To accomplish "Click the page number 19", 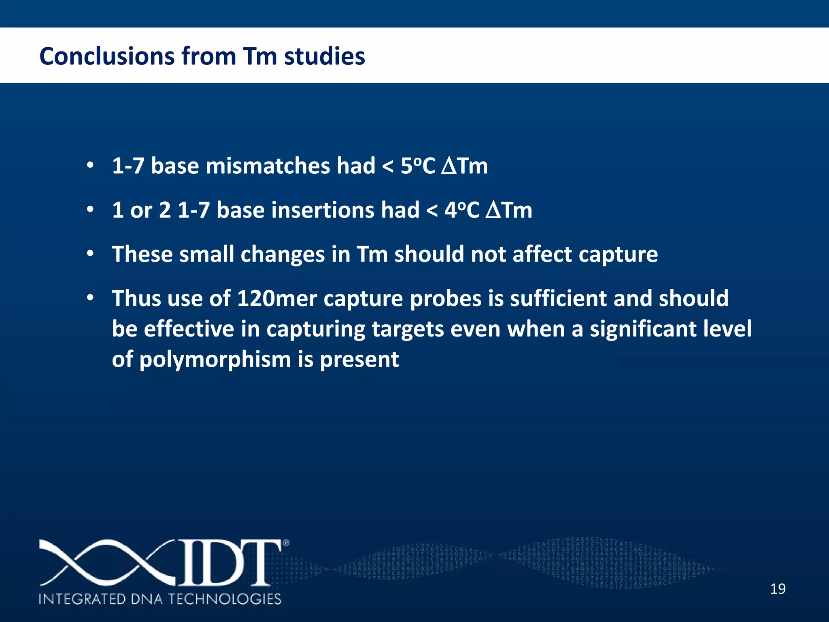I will pyautogui.click(x=778, y=589).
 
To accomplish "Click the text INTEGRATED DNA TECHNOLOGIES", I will pyautogui.click(x=160, y=599).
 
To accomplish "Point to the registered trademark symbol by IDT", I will pyautogui.click(x=286, y=543).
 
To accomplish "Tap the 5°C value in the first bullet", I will pyautogui.click(x=418, y=166).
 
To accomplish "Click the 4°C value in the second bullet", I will pyautogui.click(x=461, y=210).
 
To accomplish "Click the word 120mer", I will pyautogui.click(x=277, y=298).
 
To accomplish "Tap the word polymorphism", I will pyautogui.click(x=215, y=359).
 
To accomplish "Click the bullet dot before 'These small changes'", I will pyautogui.click(x=90, y=254).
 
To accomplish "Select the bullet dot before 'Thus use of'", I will pyautogui.click(x=90, y=298).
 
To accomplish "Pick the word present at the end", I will pyautogui.click(x=359, y=359).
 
